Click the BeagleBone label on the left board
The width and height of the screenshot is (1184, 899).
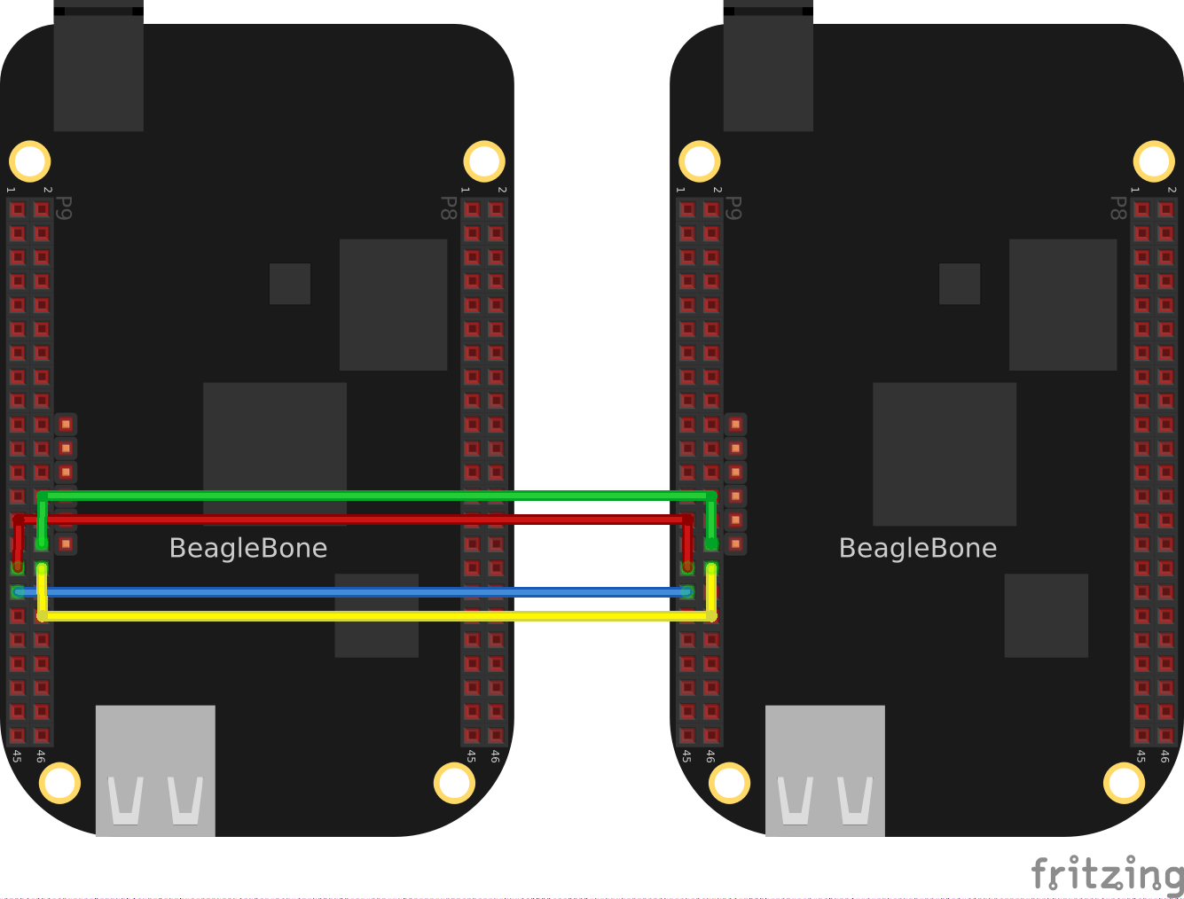(248, 548)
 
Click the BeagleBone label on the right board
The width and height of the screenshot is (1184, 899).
(918, 548)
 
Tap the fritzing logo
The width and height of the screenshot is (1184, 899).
(1107, 874)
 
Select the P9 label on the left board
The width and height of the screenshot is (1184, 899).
(64, 208)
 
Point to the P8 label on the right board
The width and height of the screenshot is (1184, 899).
(1117, 208)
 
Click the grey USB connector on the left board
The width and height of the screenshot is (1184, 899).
(155, 770)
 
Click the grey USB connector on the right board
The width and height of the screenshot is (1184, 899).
(825, 770)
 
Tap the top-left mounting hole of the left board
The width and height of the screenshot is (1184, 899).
(30, 161)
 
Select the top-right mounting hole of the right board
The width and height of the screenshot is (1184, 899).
(1154, 161)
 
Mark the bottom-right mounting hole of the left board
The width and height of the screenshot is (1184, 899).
(454, 783)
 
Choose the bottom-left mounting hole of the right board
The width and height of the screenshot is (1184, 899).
(729, 783)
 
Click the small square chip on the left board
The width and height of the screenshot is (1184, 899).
(290, 284)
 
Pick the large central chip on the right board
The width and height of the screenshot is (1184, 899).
(945, 454)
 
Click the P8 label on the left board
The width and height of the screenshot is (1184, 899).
(449, 208)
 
